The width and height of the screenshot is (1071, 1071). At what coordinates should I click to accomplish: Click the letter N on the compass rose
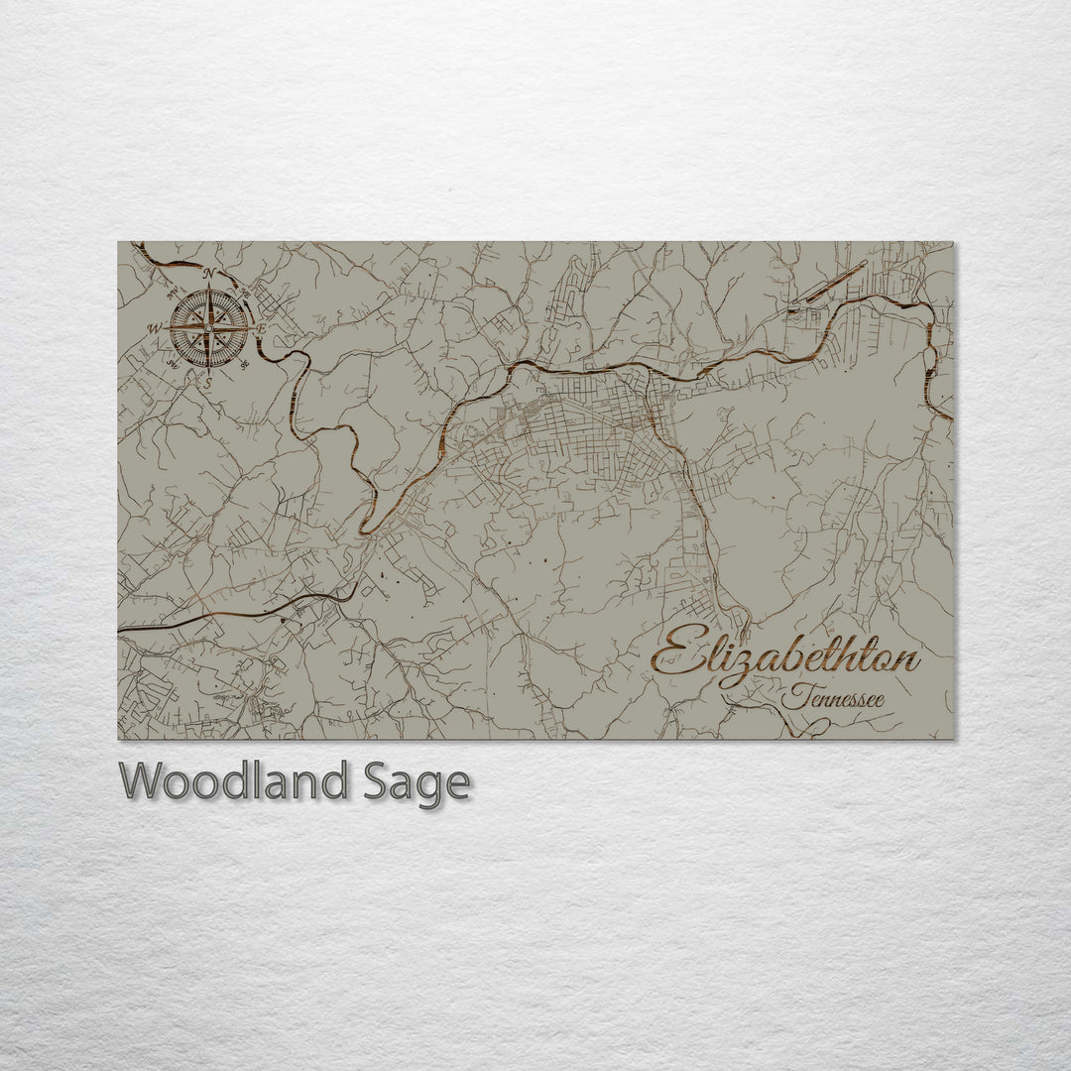pyautogui.click(x=209, y=274)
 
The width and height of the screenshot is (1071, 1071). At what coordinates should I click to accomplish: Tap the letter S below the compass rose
pyautogui.click(x=208, y=380)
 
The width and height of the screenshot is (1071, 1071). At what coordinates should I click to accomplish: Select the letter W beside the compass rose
pyautogui.click(x=156, y=327)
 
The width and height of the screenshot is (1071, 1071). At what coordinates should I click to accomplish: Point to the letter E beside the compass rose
pyautogui.click(x=261, y=327)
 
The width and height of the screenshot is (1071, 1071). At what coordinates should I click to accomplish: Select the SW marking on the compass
pyautogui.click(x=173, y=363)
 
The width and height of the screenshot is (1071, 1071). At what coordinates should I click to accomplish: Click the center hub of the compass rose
pyautogui.click(x=208, y=327)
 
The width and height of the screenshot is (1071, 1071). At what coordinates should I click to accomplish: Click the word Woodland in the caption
pyautogui.click(x=234, y=781)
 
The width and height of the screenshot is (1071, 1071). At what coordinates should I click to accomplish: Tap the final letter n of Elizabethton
pyautogui.click(x=906, y=662)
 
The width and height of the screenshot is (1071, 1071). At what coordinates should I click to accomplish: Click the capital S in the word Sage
pyautogui.click(x=374, y=781)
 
